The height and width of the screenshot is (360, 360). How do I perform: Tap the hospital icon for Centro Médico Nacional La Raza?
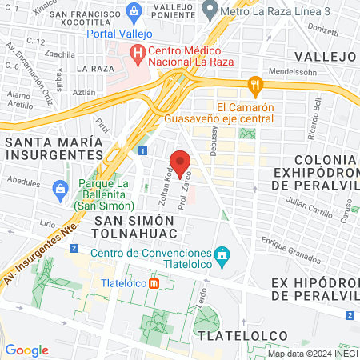[138, 55]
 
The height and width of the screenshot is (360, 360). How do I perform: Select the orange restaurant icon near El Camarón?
[254, 83]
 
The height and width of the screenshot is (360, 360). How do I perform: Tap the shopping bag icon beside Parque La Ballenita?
[58, 189]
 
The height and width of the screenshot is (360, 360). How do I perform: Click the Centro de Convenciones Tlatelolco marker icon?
[223, 256]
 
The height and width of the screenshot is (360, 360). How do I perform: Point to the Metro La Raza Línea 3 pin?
[210, 10]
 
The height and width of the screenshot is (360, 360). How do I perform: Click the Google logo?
[26, 350]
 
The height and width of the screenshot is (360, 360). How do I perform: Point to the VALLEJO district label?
[324, 56]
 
